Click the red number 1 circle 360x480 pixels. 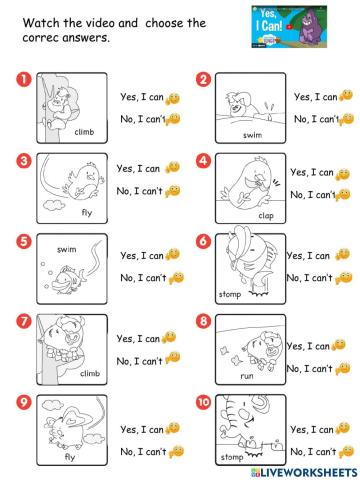coord(24,80)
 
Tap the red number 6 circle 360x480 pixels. coord(203,241)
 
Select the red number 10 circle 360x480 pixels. coord(203,402)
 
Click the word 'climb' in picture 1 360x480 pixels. coord(84,132)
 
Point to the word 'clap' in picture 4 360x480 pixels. coord(266,216)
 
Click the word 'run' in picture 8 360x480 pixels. coord(247,376)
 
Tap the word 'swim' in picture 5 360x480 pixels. coord(67,249)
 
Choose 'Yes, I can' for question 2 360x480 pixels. coord(316,97)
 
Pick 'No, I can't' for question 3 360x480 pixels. coord(139,191)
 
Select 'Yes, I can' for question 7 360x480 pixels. coord(138,339)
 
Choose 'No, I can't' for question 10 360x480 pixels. coord(313,452)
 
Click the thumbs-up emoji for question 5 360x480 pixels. coord(173,255)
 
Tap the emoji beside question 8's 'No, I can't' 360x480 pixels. coord(343,369)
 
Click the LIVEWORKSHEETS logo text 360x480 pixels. coord(304,472)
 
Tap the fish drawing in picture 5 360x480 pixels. coord(68,279)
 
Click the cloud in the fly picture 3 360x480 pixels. coord(54,205)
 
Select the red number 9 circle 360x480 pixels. coord(24,402)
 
